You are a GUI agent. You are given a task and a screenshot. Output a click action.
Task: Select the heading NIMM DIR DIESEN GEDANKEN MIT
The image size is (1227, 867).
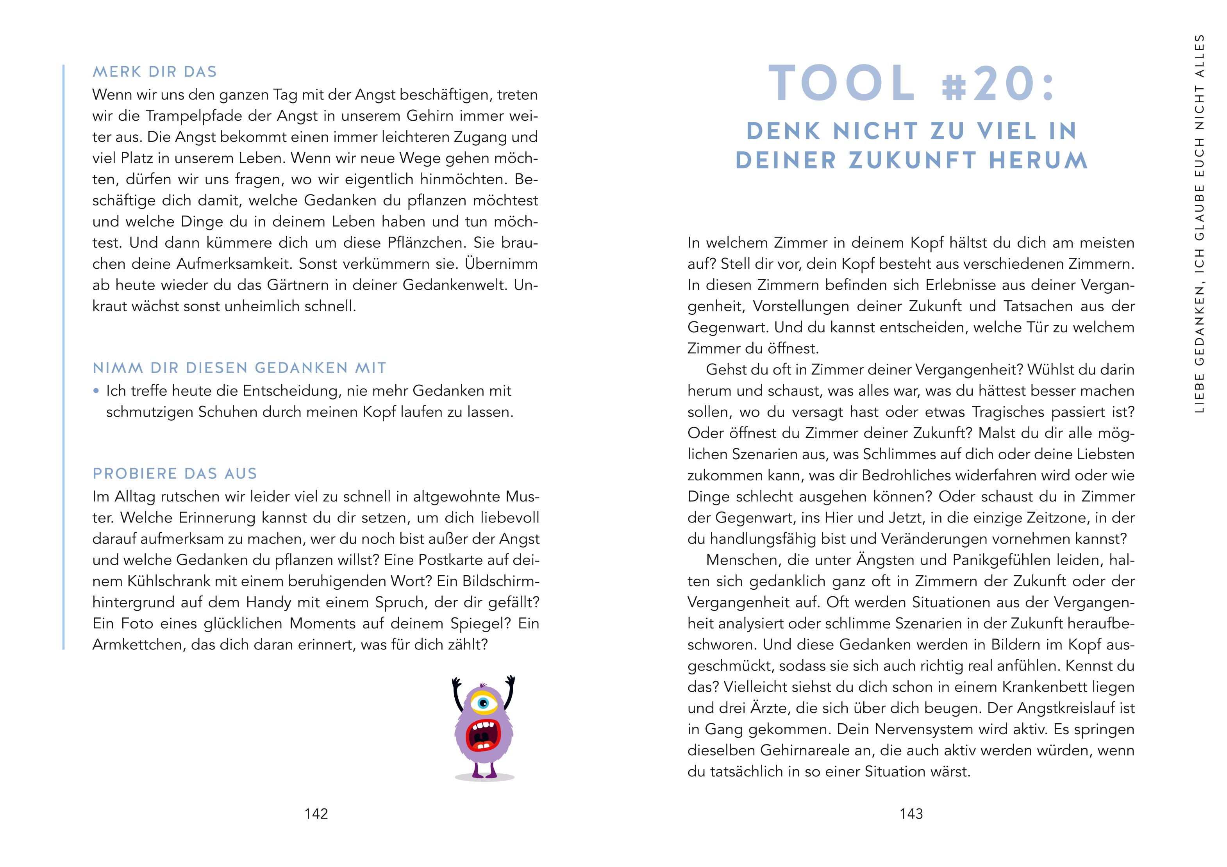tap(239, 368)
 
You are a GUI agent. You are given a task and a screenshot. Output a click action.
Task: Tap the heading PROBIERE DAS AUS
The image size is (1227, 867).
tap(175, 474)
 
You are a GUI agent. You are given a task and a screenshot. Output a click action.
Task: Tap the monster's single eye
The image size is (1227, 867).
tap(484, 702)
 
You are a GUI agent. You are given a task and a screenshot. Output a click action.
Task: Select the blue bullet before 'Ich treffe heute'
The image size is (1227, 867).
tap(96, 391)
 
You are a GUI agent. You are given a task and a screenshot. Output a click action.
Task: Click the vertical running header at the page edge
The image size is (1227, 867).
tap(1199, 224)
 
